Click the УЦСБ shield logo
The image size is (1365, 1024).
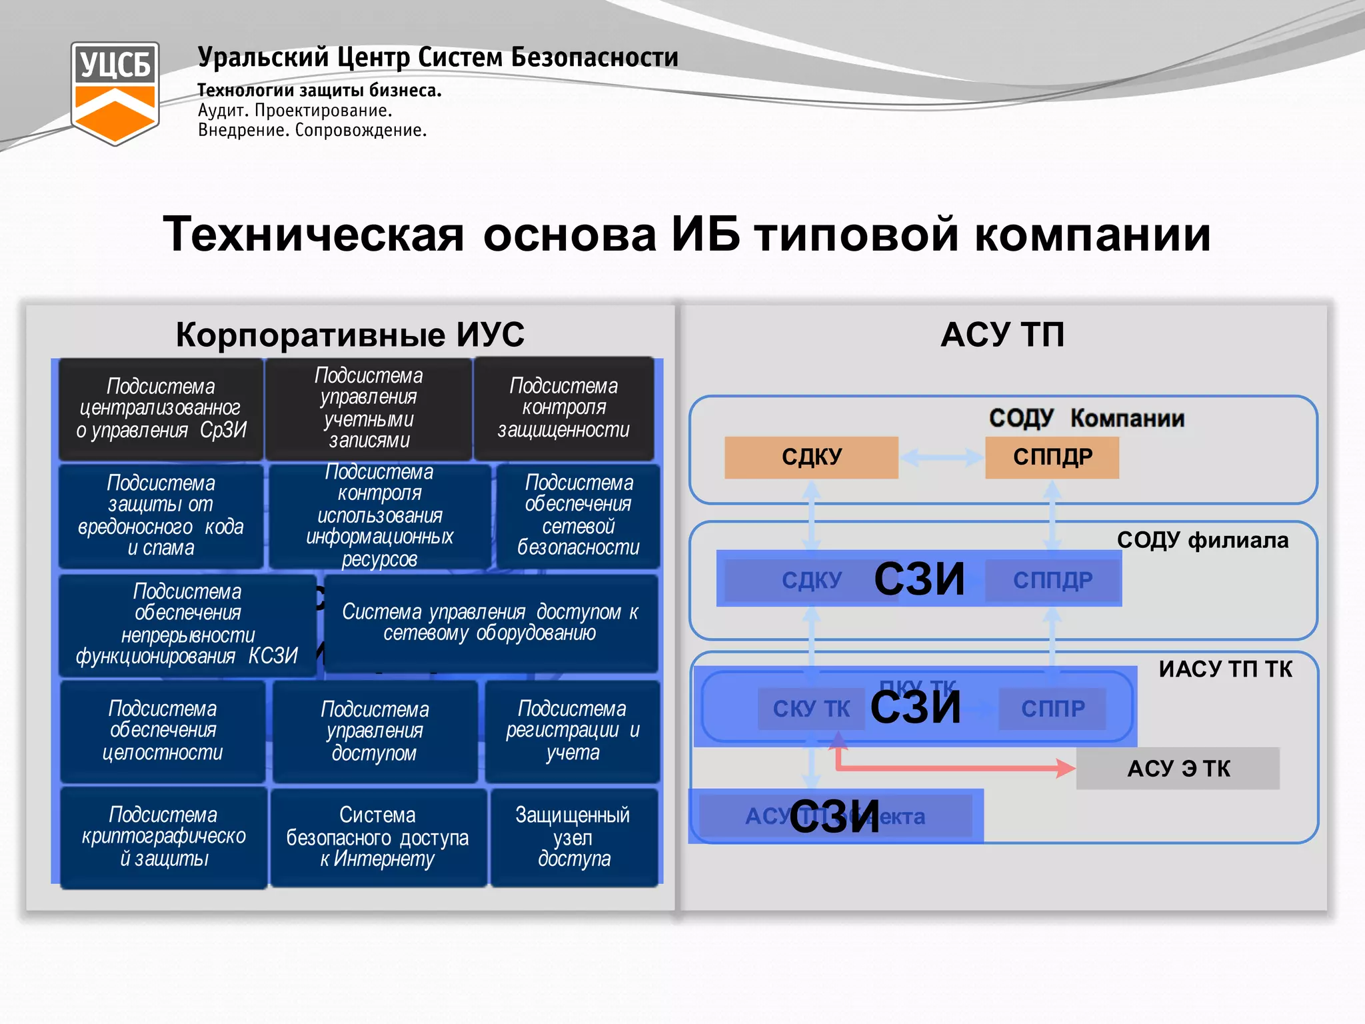[x=115, y=93]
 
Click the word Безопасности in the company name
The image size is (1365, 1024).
[x=595, y=57]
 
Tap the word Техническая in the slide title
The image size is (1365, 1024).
[x=314, y=235]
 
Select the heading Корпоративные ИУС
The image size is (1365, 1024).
[x=350, y=335]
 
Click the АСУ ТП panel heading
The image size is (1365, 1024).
[x=1002, y=335]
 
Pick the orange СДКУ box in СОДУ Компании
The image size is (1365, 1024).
[x=811, y=457]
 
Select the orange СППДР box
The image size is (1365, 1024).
[x=1052, y=457]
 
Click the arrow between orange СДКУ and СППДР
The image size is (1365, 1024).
[x=941, y=457]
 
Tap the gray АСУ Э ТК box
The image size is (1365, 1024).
[x=1178, y=769]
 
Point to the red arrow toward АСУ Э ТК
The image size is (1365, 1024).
[x=953, y=768]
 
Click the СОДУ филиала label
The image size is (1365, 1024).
[x=1202, y=540]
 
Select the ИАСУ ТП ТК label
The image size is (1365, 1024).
[x=1225, y=669]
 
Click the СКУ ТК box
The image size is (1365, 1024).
[x=811, y=709]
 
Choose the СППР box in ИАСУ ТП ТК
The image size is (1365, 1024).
[x=1052, y=709]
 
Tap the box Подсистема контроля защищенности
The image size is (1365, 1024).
[x=564, y=408]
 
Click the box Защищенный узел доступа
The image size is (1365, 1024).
[x=574, y=837]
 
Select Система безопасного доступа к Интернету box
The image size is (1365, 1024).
[x=378, y=837]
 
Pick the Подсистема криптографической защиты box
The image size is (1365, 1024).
[x=163, y=837]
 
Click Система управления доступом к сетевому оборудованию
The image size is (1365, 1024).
[x=491, y=623]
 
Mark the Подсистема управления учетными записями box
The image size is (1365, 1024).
[x=369, y=408]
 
